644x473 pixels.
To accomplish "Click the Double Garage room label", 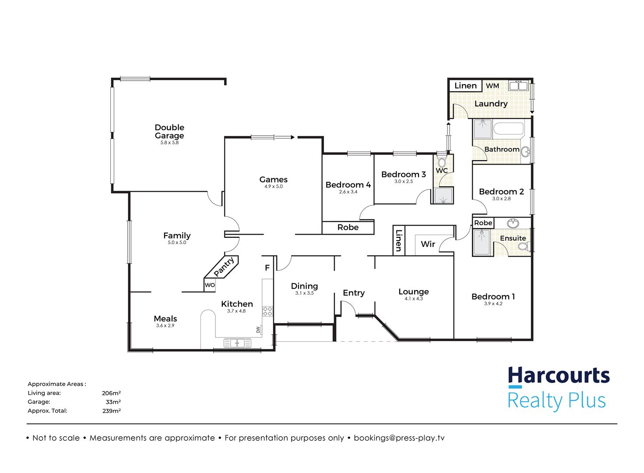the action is (169, 131).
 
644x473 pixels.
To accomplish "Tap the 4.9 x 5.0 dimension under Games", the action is (274, 186).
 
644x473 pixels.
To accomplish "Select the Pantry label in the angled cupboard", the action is (224, 267).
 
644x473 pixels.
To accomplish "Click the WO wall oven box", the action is (210, 285).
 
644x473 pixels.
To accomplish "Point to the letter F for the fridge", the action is (267, 268).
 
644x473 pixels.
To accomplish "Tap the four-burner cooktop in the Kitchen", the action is (267, 311).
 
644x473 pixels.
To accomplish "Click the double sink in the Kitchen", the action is (237, 343).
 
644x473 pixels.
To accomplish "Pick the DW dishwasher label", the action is (258, 329).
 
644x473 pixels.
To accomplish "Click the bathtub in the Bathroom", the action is (508, 128).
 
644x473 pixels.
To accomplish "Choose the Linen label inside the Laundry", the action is (465, 86).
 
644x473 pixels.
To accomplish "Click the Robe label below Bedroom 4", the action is (348, 227).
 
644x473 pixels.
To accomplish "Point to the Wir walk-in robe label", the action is (428, 244).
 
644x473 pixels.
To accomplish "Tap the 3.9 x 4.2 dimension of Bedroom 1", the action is (493, 304).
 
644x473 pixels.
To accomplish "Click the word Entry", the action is (354, 293).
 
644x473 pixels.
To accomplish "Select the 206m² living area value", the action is (111, 393).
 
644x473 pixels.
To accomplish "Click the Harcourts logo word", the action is (559, 376).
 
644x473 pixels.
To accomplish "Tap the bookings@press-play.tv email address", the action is (399, 438).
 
